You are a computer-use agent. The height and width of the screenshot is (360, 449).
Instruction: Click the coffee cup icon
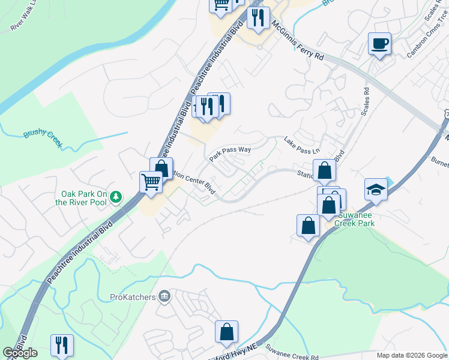[x=379, y=44]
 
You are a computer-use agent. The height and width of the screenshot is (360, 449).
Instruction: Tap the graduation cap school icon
[x=376, y=190]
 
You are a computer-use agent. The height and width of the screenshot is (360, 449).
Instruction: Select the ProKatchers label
[x=133, y=296]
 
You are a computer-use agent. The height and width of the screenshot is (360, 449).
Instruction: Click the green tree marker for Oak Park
[x=117, y=197]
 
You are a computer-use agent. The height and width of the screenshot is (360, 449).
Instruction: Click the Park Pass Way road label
[x=229, y=154]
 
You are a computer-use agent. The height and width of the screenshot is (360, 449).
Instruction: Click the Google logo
[x=20, y=353]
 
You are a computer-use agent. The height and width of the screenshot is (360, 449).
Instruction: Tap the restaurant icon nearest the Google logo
[x=62, y=345]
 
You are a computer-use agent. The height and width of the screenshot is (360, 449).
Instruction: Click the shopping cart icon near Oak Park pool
[x=151, y=181]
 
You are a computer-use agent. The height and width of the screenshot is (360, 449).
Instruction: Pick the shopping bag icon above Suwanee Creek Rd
[x=227, y=331]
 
